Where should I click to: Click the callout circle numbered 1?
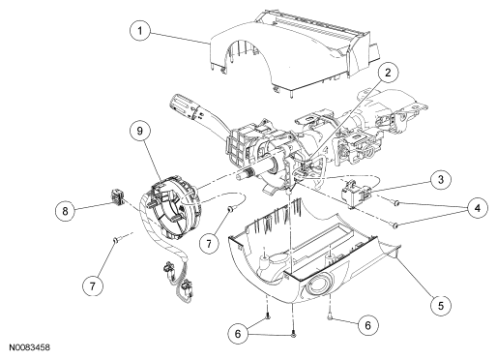(x=140, y=31)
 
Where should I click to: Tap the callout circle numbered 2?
(x=388, y=73)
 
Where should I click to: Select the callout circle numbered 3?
(x=441, y=179)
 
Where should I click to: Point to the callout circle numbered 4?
(x=478, y=208)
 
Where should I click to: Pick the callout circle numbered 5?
(x=441, y=305)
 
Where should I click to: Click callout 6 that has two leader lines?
(x=238, y=334)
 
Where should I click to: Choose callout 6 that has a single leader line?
(x=367, y=325)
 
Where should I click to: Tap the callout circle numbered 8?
(x=65, y=211)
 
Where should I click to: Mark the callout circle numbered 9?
(x=140, y=131)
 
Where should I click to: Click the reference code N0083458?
(x=29, y=347)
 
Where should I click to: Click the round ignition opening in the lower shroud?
(x=318, y=285)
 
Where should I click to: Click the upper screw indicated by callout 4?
(x=396, y=203)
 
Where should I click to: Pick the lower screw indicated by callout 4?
(x=395, y=225)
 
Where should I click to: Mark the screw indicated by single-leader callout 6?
(x=330, y=317)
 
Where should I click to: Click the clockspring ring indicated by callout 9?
(x=171, y=206)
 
